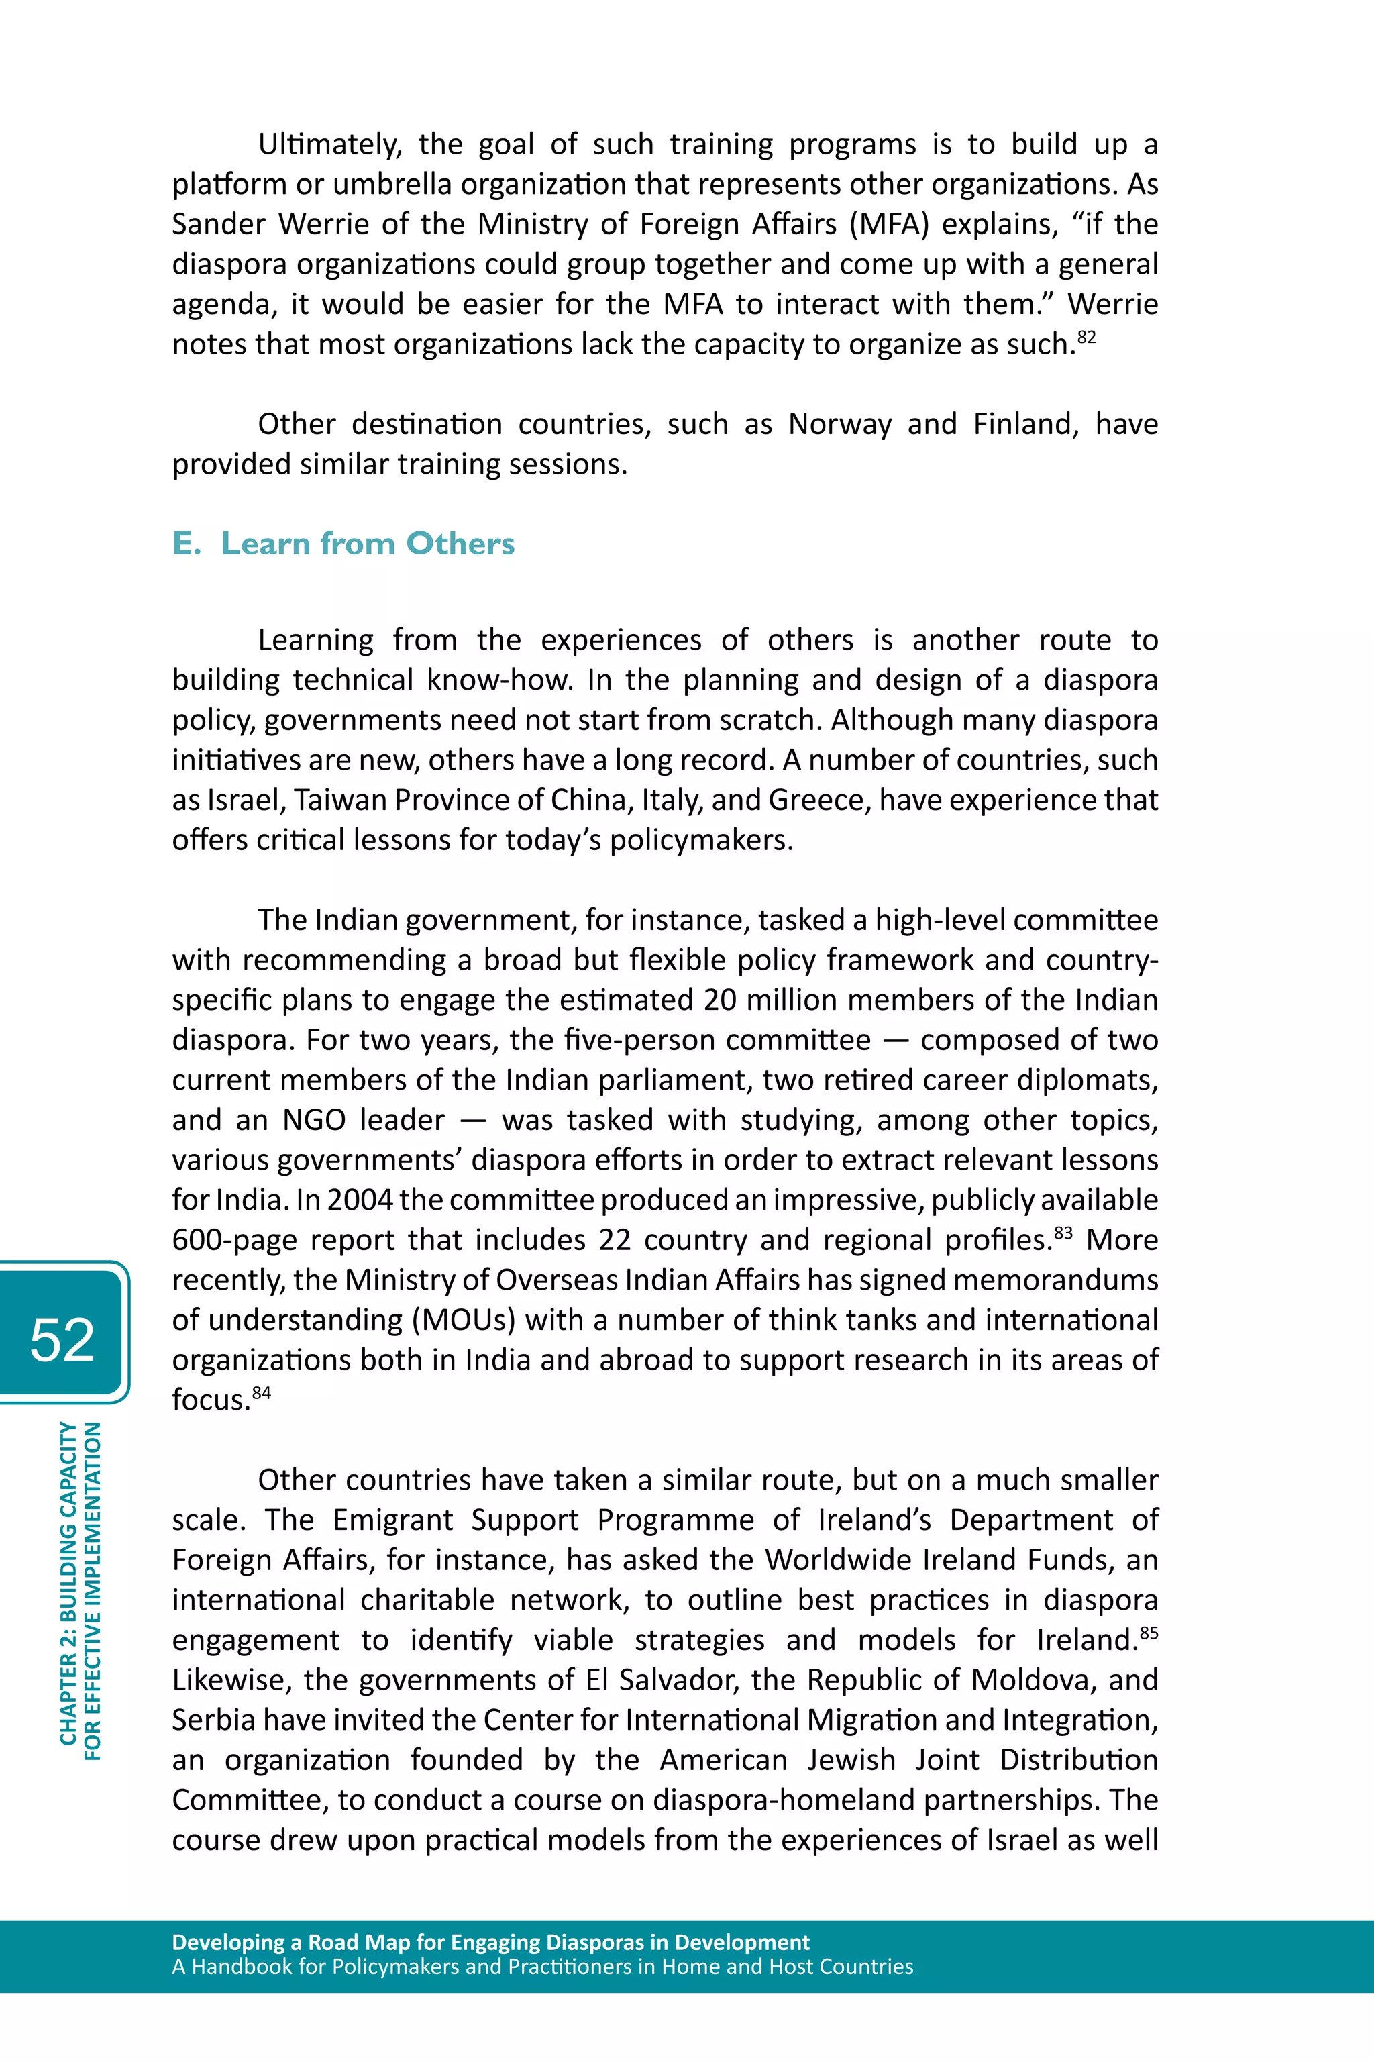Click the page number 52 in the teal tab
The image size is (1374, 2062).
pos(62,1340)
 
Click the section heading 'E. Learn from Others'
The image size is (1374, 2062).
pos(343,544)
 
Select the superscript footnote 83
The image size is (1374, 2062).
pos(1063,1232)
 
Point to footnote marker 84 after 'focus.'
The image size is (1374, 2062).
pos(261,1392)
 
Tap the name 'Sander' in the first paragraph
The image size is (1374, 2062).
pos(217,224)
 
